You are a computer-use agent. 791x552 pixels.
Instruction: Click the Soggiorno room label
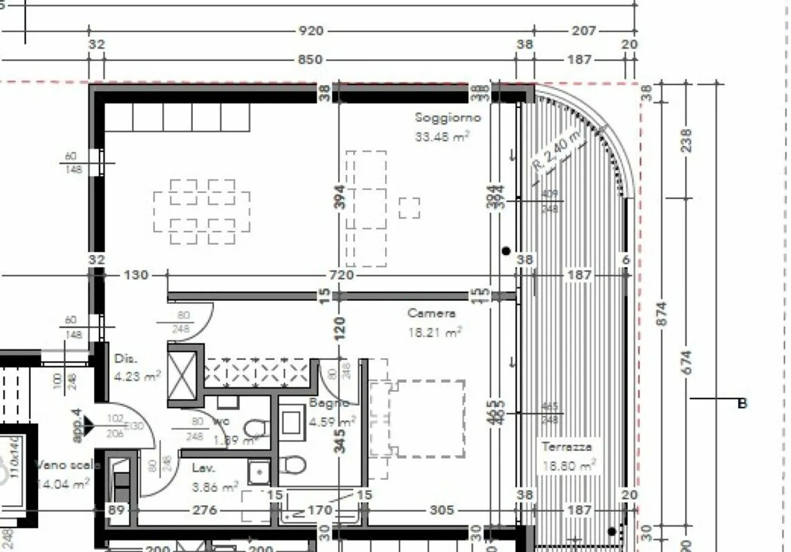[447, 117]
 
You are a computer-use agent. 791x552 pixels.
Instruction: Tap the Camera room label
[431, 313]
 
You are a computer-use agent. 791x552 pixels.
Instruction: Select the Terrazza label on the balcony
[566, 446]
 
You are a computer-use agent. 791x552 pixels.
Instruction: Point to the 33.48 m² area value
[442, 136]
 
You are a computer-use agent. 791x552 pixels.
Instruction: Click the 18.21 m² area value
[434, 332]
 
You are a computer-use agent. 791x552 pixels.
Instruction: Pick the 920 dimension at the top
[310, 31]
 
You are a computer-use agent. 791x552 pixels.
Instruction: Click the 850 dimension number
[310, 59]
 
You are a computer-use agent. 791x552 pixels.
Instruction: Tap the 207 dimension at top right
[583, 31]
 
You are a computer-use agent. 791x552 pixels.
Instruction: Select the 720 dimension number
[341, 274]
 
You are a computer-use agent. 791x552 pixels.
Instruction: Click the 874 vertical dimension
[662, 313]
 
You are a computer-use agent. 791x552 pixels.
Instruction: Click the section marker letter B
[742, 404]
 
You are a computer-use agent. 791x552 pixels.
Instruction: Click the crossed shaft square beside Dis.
[182, 376]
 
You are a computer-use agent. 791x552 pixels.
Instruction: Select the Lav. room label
[203, 468]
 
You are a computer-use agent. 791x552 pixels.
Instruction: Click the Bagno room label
[328, 403]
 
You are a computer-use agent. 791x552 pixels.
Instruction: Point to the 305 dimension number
[442, 510]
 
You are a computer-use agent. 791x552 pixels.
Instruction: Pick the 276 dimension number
[204, 510]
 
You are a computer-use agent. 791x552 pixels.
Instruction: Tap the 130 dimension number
[136, 274]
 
